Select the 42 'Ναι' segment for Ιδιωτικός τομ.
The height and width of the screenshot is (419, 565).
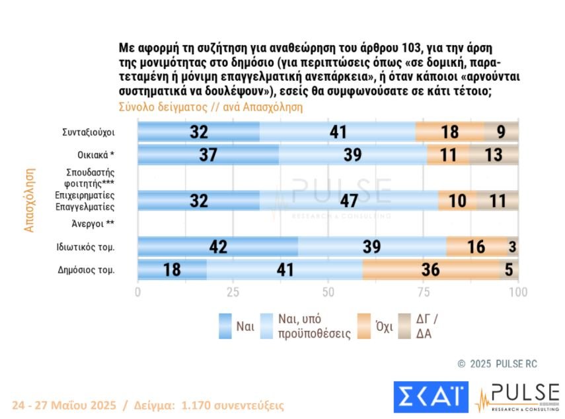(217, 247)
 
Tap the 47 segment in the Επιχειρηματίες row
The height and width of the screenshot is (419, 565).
(348, 201)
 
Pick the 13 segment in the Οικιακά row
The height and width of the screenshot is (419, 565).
(494, 155)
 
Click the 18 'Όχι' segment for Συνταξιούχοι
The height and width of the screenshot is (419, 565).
(450, 132)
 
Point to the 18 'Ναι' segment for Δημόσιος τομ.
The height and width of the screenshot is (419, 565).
(172, 270)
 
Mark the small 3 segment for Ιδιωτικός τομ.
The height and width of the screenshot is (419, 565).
(513, 247)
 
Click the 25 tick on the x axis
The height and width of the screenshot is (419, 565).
(233, 292)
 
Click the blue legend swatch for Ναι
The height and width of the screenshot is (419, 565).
(225, 326)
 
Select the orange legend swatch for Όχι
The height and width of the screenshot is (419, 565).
(363, 326)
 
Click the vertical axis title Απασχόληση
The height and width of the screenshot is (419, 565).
(28, 199)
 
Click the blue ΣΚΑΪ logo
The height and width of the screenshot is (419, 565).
(430, 396)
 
